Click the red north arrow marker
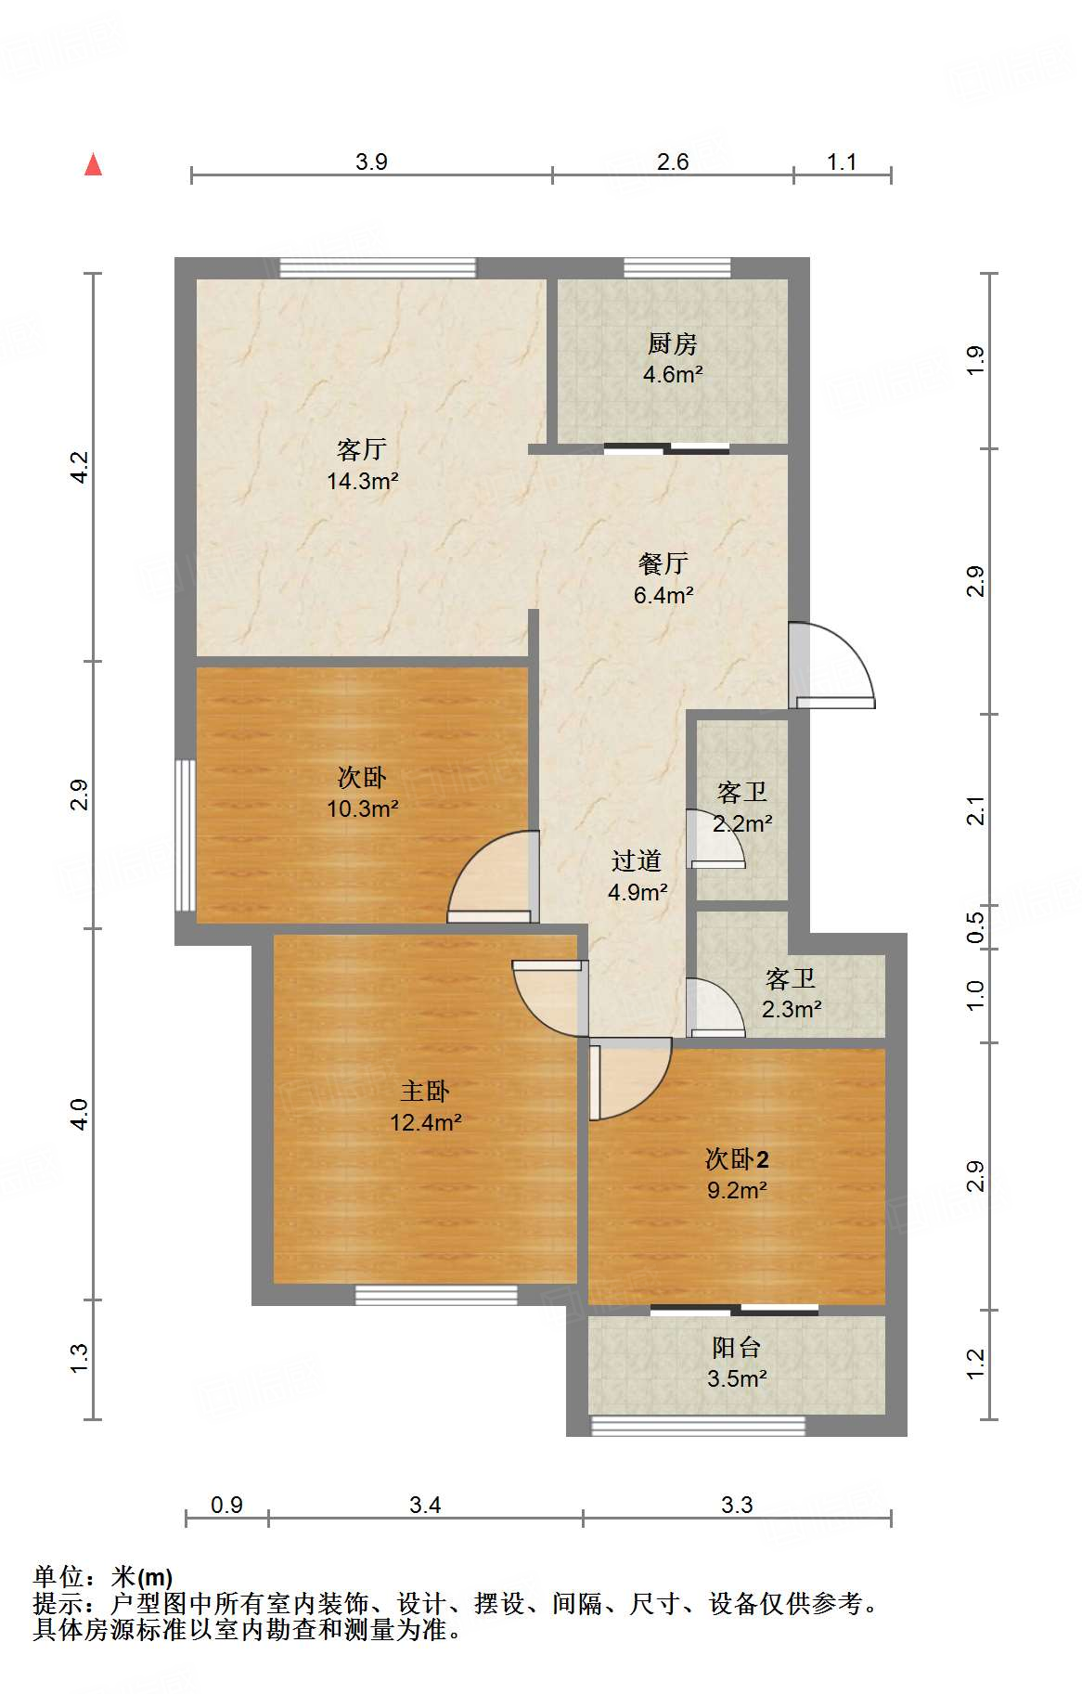(x=93, y=164)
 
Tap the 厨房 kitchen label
(x=672, y=343)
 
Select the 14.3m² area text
(x=363, y=481)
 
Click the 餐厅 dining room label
(x=663, y=563)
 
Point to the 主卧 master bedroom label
(x=425, y=1091)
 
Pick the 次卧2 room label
(x=737, y=1158)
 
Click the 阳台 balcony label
(x=736, y=1347)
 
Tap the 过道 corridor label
(x=637, y=860)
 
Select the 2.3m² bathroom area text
(x=791, y=1009)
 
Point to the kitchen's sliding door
(x=666, y=449)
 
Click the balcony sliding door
(x=734, y=1310)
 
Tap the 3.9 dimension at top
(x=371, y=162)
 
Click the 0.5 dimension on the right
(x=974, y=926)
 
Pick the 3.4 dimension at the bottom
(x=425, y=1504)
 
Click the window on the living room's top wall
(x=378, y=267)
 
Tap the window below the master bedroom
(x=436, y=1295)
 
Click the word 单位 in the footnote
(x=58, y=1576)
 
